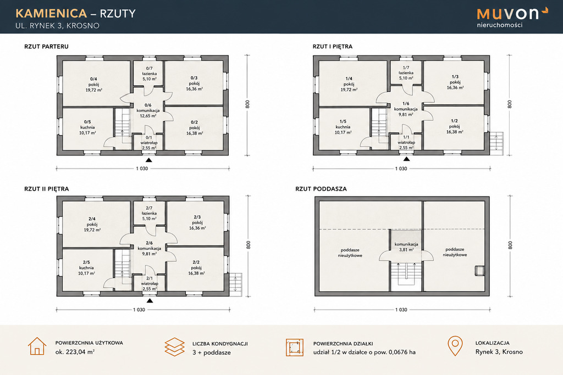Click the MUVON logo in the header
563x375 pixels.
512,17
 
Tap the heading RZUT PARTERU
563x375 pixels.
46,47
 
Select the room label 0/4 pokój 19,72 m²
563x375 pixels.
93,85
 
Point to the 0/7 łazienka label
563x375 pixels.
150,74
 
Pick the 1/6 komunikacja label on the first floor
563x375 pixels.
406,109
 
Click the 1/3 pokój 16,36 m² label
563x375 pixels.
455,82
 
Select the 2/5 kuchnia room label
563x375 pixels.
86,267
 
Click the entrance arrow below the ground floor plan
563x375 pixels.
148,160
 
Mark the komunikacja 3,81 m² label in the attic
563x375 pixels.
406,247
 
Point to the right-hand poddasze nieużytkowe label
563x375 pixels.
455,252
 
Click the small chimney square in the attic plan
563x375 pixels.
479,271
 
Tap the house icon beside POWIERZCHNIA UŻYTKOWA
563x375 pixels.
37,346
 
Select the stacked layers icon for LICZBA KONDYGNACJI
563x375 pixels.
174,346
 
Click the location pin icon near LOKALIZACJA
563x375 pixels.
455,346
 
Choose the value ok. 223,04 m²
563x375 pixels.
75,352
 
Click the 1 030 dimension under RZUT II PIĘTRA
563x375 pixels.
139,310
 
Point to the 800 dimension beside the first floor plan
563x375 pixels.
510,104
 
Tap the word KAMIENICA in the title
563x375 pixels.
51,13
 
